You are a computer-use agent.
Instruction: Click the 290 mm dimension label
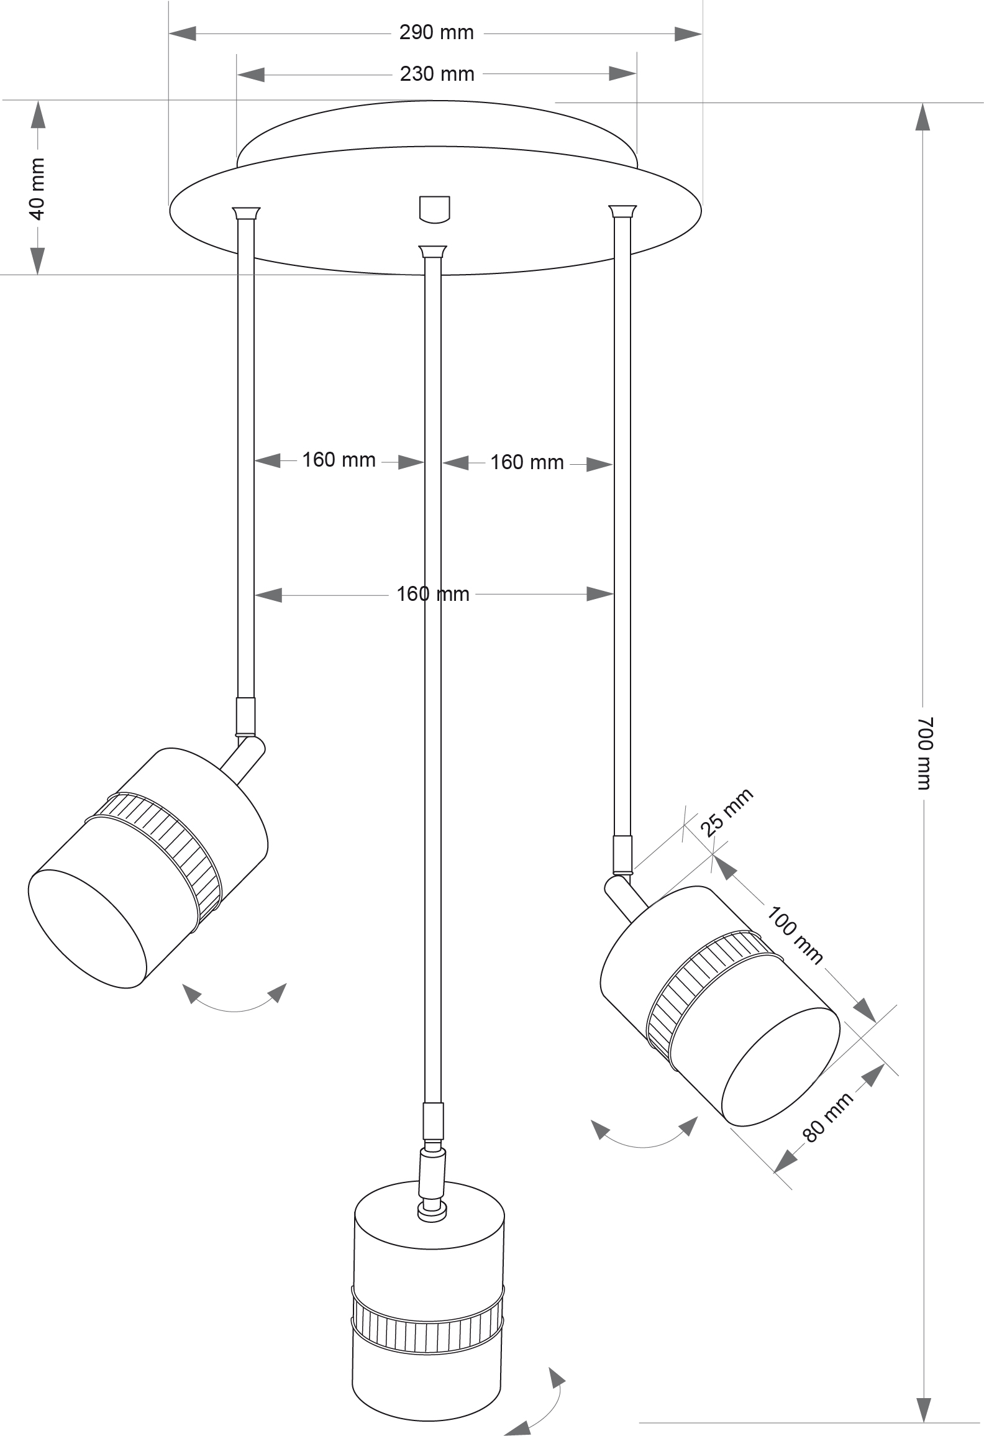(x=436, y=33)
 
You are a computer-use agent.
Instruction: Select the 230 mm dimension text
(x=437, y=75)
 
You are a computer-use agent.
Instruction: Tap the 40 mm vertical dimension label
(x=37, y=188)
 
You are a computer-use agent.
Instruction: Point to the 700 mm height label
(x=925, y=752)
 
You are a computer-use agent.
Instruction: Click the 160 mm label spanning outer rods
(x=433, y=594)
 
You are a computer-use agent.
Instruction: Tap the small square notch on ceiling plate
(x=434, y=209)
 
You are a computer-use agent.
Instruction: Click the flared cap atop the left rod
(x=246, y=213)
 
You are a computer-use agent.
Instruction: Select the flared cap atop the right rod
(x=622, y=211)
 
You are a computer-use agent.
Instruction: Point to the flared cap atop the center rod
(x=433, y=252)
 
